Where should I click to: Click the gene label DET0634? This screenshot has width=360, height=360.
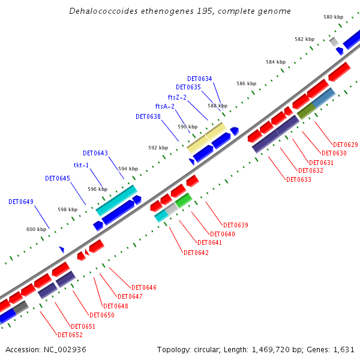(x=199, y=79)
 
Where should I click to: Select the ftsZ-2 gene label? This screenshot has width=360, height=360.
(x=177, y=97)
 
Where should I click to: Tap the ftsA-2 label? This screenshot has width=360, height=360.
(x=164, y=107)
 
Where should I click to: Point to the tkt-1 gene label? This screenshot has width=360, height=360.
(x=81, y=165)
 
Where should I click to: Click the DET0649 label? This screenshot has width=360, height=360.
(x=21, y=202)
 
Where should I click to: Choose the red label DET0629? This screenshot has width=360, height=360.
(x=345, y=145)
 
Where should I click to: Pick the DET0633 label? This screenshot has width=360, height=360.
(x=299, y=179)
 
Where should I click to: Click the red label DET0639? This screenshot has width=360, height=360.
(x=236, y=225)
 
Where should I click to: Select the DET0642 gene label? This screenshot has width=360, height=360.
(x=196, y=253)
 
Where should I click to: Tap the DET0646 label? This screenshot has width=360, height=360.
(x=144, y=288)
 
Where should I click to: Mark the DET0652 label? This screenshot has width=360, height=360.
(x=70, y=335)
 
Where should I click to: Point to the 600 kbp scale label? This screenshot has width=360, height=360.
(x=37, y=229)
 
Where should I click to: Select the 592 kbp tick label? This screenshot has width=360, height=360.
(x=158, y=148)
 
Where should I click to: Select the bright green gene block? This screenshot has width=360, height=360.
(x=183, y=200)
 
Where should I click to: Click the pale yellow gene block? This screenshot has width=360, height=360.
(x=206, y=137)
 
